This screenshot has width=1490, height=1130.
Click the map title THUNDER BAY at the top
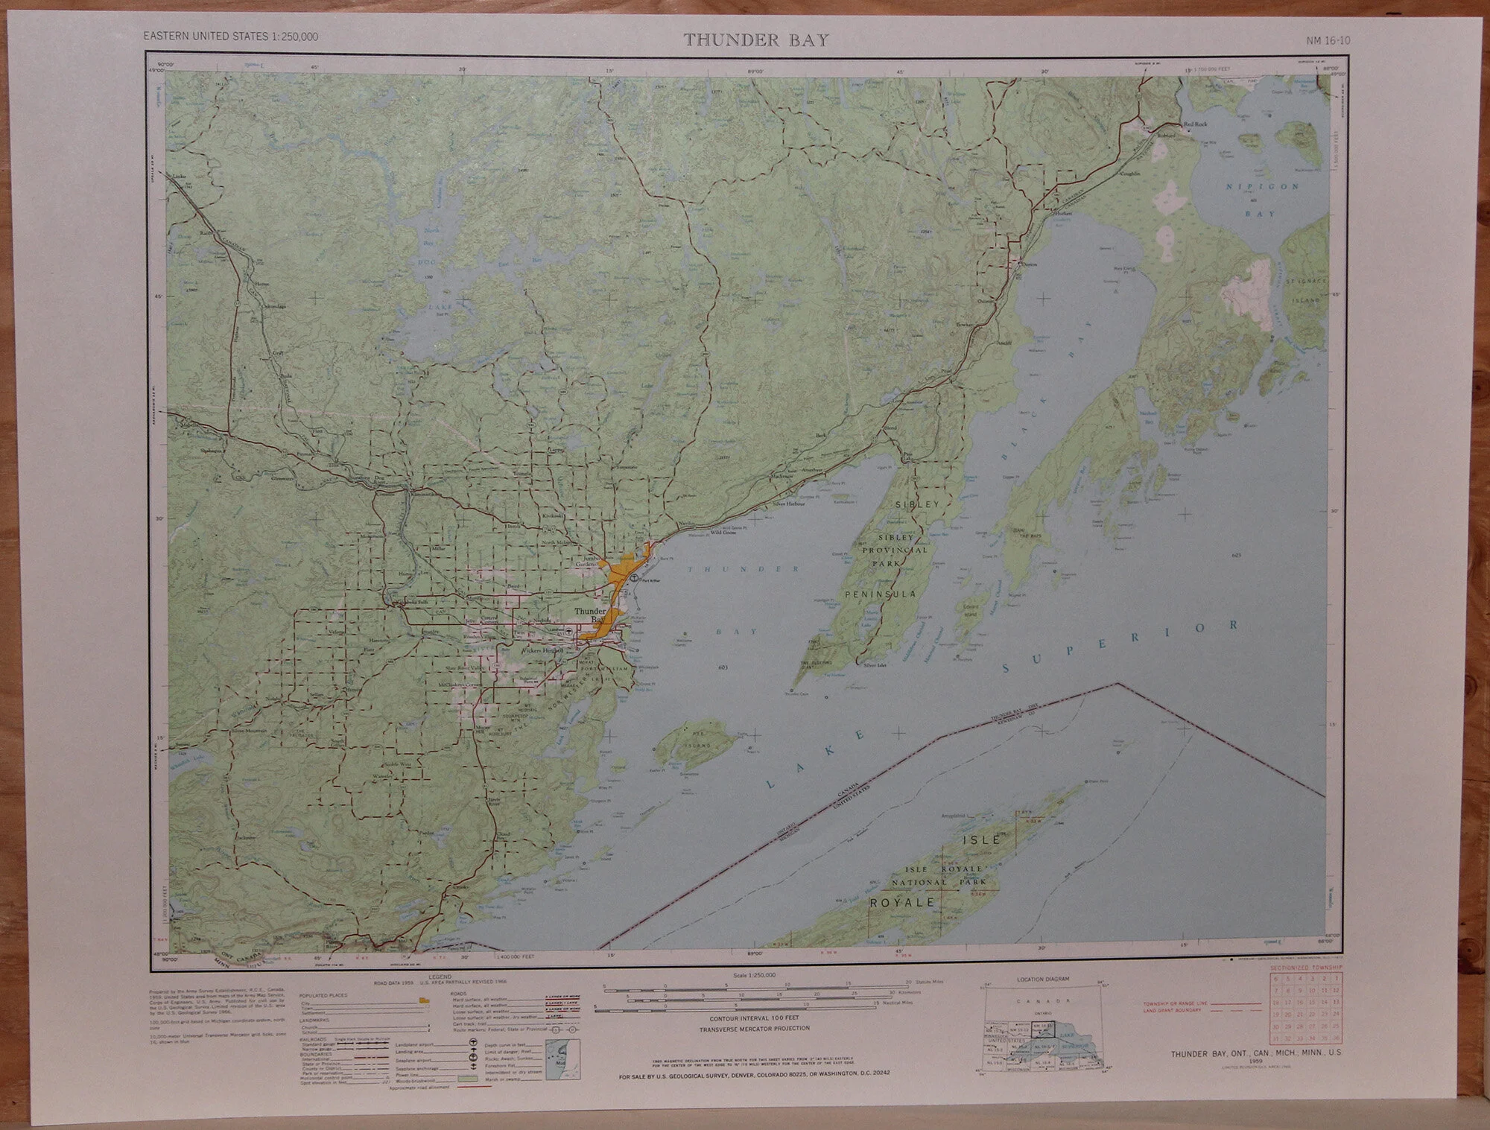pos(756,40)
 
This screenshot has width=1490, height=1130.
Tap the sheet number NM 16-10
pos(1328,40)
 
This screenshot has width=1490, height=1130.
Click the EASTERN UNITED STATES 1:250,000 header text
pos(216,36)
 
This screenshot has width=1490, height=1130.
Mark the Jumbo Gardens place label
pos(592,560)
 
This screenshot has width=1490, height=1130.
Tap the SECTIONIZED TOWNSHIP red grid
pos(1307,1008)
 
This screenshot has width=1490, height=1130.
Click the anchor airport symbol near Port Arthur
pos(634,578)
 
